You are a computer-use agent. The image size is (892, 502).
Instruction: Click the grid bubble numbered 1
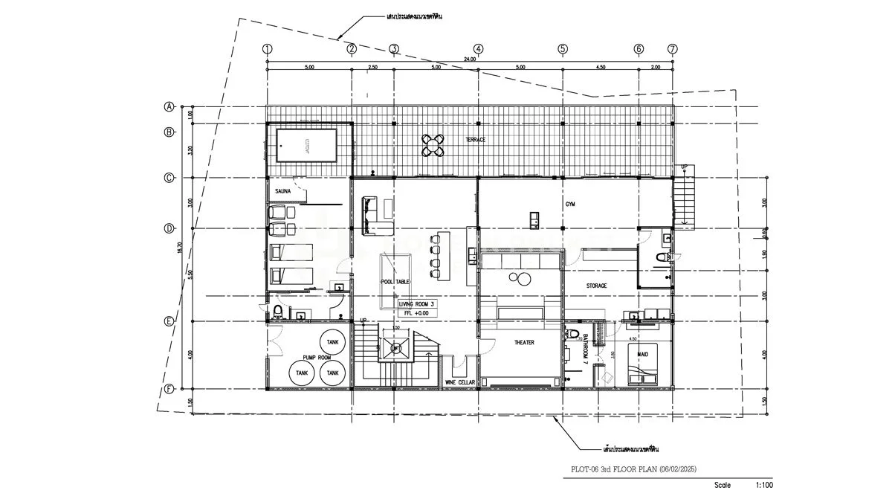point(267,49)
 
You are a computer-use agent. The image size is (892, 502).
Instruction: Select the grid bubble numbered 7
point(672,49)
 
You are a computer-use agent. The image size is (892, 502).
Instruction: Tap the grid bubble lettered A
point(169,106)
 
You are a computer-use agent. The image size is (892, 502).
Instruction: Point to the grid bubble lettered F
point(169,389)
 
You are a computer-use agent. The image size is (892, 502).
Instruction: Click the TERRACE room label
point(476,140)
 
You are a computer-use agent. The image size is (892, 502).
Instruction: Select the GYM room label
point(571,202)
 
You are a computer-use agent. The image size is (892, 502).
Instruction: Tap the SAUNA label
point(282,191)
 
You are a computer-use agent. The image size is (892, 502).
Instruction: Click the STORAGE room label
point(596,286)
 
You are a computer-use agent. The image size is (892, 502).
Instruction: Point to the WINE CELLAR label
point(460,382)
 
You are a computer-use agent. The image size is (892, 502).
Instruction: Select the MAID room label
point(642,354)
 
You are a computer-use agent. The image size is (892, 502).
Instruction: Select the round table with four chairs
point(433,144)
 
